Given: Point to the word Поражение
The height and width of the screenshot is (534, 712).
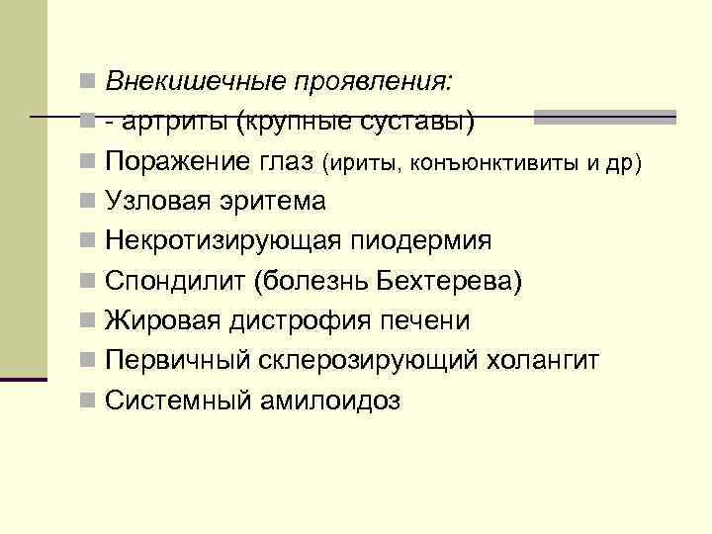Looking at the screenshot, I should pos(177,161).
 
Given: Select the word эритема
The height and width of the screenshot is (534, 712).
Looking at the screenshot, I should pos(273,201).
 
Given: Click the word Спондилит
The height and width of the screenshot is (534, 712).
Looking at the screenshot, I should pos(174,281).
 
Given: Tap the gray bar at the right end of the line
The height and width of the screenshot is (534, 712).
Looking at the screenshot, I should pos(604,118).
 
